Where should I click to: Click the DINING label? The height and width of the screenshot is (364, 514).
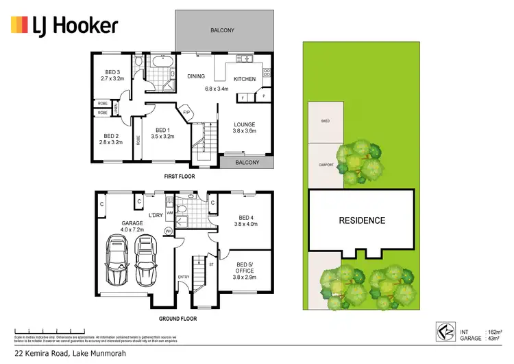coord(196,77)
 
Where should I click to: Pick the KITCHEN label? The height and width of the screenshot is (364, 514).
coord(245,79)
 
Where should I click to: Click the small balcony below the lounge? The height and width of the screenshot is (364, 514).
coord(247,163)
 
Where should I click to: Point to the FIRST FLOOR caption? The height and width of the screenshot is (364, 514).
coord(180,177)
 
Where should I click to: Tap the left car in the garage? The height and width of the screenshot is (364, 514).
coord(117,261)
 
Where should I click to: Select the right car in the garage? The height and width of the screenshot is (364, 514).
coord(145,261)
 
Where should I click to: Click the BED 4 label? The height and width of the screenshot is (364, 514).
coord(245,219)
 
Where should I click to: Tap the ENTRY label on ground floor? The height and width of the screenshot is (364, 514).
coord(184,277)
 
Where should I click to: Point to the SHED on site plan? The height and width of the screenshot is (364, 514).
coord(326,121)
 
